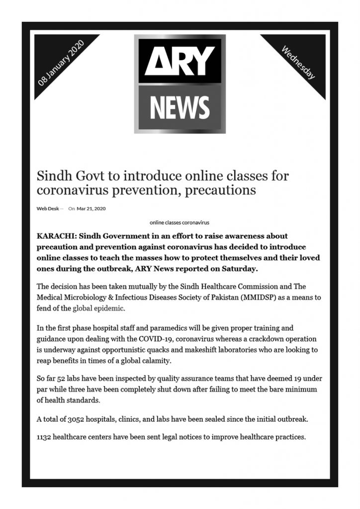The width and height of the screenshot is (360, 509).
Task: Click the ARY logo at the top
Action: (180, 59)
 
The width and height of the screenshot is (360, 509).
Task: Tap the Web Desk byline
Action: (47, 209)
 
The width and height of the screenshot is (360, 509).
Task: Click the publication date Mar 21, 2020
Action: (91, 209)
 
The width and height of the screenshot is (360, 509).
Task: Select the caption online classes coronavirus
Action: (180, 223)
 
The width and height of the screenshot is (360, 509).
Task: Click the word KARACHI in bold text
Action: (56, 236)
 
